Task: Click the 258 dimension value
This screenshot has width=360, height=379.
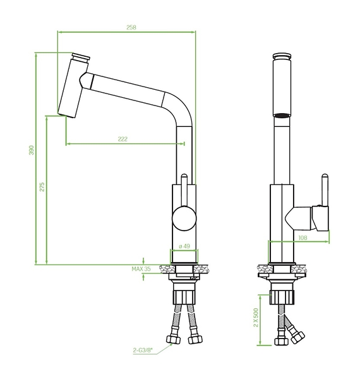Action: [x=131, y=27]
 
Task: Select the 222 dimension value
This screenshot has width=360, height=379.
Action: [x=123, y=139]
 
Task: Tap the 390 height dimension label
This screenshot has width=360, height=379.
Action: [x=32, y=150]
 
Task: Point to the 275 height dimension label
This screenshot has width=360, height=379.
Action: [x=42, y=187]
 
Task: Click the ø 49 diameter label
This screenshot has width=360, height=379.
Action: [x=184, y=246]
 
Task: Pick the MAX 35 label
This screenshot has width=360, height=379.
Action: [x=141, y=269]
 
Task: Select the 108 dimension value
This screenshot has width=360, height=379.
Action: [x=303, y=238]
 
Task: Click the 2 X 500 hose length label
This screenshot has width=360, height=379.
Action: [x=256, y=317]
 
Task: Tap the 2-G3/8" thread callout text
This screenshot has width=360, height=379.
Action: [x=143, y=350]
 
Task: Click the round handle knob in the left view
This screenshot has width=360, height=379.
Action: [x=184, y=219]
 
